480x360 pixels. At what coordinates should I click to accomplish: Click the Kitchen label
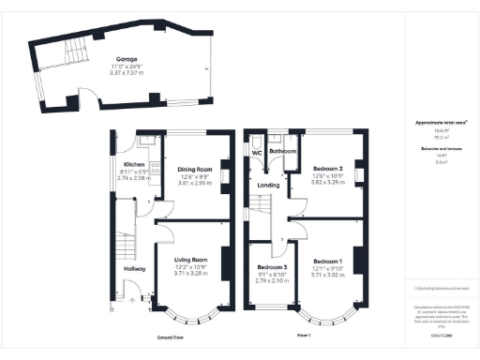(135, 164)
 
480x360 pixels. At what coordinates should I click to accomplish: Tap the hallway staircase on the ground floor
(122, 246)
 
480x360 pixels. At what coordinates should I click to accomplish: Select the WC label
(255, 152)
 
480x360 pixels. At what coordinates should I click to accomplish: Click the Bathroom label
(282, 151)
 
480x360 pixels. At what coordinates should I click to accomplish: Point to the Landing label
(268, 186)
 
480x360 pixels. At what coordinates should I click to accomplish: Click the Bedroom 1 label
(328, 261)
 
